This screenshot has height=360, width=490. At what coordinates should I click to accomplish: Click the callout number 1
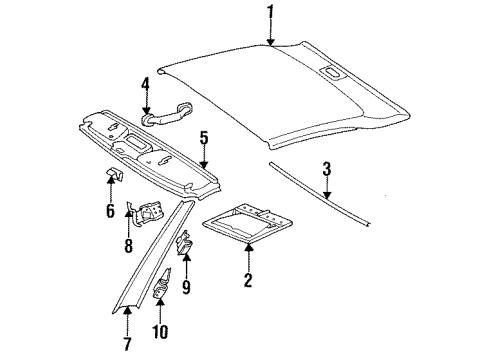pos(271,14)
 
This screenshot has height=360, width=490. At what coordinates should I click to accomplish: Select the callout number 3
pos(327,169)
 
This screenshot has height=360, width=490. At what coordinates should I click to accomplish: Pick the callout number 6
pos(110,210)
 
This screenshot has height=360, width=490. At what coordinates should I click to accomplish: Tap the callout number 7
pos(127,344)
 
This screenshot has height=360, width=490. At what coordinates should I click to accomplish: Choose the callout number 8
pos(128,246)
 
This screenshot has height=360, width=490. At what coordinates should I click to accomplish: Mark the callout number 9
pos(186,287)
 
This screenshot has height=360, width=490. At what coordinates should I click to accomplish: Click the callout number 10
pos(160,331)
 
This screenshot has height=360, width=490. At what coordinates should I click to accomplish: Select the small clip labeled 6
pos(114,175)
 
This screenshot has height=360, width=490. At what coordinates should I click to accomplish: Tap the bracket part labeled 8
pos(146,213)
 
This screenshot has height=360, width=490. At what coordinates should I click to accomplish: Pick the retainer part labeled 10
pos(162,284)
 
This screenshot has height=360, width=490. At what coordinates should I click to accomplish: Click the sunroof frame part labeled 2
pos(248,221)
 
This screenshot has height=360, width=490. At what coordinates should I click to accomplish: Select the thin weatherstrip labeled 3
pos(319,195)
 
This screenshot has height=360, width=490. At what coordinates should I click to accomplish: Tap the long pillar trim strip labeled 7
pos(153,257)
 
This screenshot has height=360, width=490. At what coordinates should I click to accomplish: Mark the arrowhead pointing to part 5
pos(203,164)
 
